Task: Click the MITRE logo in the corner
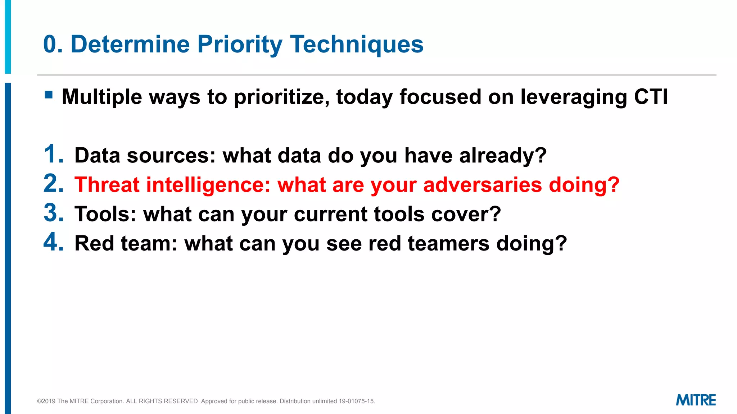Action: tap(696, 400)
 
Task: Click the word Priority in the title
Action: tap(240, 45)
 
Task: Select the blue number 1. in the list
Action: tap(54, 155)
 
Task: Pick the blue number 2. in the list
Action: tap(54, 184)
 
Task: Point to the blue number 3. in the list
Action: tap(54, 213)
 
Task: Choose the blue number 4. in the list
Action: tap(54, 243)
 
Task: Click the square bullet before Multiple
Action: tap(49, 95)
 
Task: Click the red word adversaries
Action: tap(482, 185)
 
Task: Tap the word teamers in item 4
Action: tap(448, 244)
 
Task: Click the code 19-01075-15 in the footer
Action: tap(357, 401)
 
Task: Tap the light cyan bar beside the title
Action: tap(8, 36)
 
